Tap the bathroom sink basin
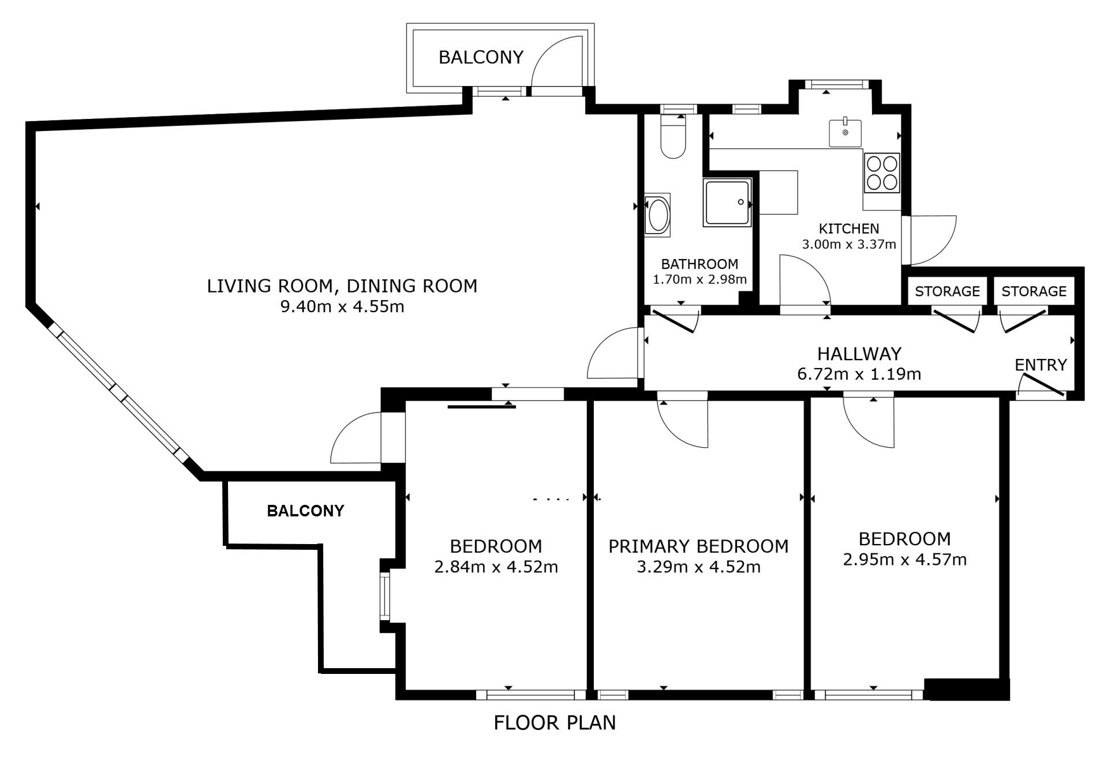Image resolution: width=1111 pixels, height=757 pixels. click(658, 215)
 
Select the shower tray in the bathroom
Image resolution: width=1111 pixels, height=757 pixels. click(728, 202)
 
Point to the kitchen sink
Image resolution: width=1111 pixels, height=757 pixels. click(845, 133)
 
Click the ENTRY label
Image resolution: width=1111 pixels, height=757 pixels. click(1041, 365)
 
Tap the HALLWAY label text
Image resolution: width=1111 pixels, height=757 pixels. click(859, 353)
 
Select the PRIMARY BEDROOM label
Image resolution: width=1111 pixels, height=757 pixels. click(698, 546)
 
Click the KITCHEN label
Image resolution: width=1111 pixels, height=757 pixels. click(849, 228)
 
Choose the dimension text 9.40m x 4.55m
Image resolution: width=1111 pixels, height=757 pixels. click(342, 306)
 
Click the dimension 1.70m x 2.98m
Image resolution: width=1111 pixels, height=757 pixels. click(699, 280)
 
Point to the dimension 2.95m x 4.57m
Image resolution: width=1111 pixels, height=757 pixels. click(904, 559)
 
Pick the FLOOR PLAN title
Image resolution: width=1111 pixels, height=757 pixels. click(555, 722)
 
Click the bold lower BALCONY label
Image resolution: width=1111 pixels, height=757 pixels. click(305, 511)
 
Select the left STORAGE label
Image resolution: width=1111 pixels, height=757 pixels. click(947, 291)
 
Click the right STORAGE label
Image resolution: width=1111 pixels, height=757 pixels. click(1034, 291)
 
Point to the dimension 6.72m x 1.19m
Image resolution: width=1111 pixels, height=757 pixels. click(859, 374)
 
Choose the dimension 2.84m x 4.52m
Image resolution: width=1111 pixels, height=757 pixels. click(496, 567)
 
